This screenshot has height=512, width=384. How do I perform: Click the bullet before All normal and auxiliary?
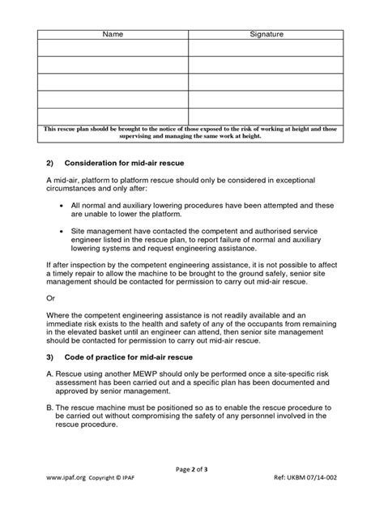[64, 207]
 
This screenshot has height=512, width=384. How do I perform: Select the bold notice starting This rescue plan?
[190, 132]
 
